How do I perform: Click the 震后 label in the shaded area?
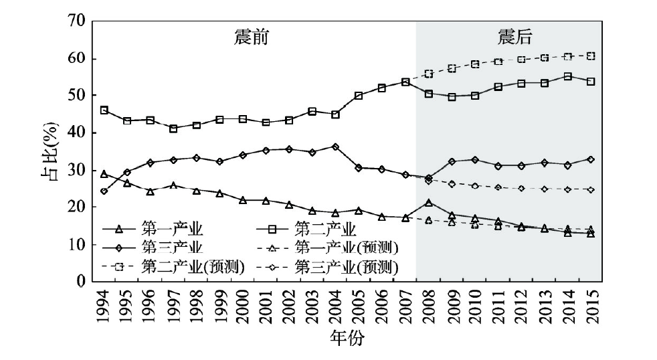click(x=515, y=37)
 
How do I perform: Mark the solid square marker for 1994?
click(x=104, y=110)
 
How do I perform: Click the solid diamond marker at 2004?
click(x=335, y=147)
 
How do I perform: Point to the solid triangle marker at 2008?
click(x=428, y=202)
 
